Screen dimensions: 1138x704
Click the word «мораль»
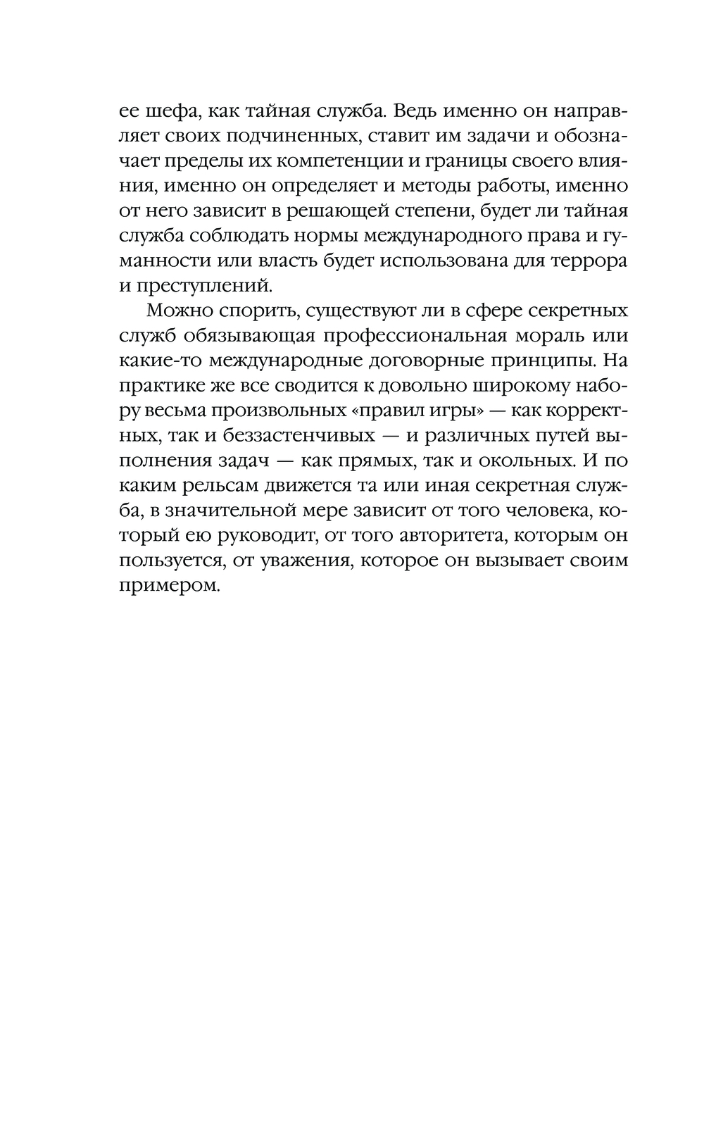point(542,336)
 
